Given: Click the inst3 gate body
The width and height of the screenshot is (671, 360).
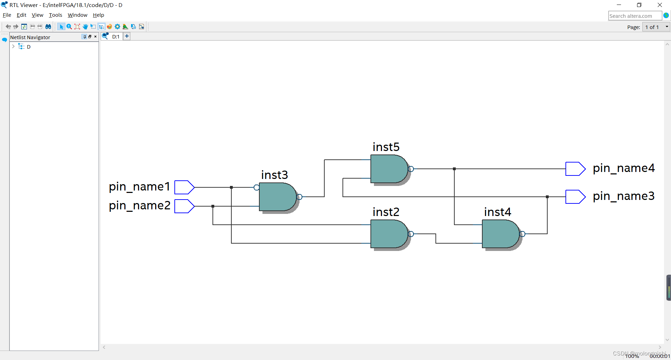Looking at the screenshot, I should [x=277, y=197].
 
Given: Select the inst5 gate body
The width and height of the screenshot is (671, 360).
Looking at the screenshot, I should [x=388, y=169].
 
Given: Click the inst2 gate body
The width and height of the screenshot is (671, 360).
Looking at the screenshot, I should [x=388, y=234].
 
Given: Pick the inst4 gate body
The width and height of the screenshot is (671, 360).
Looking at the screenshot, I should [x=500, y=234].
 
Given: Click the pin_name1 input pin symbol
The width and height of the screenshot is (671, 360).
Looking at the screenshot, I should [x=184, y=187].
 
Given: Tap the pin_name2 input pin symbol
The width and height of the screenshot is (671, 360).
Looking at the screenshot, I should [x=184, y=206].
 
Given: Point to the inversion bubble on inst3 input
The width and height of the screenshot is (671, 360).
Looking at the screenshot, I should [x=257, y=188].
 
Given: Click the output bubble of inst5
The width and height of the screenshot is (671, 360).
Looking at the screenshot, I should [x=411, y=169].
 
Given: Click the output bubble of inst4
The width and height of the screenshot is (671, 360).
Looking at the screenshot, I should [x=522, y=234].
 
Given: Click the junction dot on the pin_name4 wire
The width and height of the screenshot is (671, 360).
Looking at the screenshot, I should [x=454, y=169].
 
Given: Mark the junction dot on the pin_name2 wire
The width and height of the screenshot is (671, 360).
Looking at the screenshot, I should [x=213, y=206].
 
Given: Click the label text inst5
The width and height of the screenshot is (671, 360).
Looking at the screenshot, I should [x=386, y=147].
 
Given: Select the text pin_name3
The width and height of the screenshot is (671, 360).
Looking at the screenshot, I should [x=623, y=196].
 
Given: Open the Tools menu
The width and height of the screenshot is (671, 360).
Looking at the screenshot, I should [x=55, y=15].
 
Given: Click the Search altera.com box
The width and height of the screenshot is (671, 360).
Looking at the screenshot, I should [x=634, y=16].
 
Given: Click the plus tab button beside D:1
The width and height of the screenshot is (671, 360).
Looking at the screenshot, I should [x=127, y=36].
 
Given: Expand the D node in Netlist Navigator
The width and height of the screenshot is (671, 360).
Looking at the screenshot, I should [x=13, y=46].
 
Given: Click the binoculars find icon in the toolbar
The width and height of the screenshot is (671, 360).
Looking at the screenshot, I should [x=48, y=27].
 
